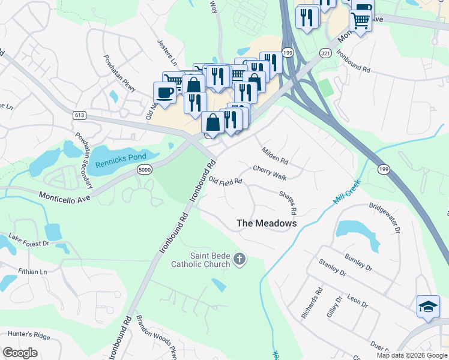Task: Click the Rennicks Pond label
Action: [121, 157]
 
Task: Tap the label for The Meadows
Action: [267, 223]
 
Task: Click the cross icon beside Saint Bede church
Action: [240, 259]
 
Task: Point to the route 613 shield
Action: [79, 115]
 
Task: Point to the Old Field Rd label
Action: [226, 181]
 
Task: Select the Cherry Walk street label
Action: [270, 172]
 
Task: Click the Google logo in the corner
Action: [20, 353]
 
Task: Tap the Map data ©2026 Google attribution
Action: [412, 355]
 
